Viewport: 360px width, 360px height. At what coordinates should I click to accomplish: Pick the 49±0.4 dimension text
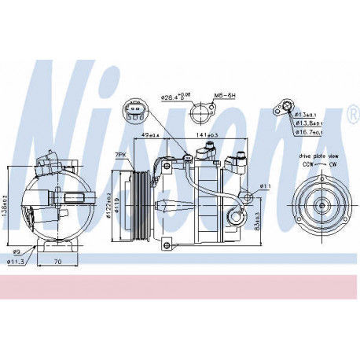[x=149, y=135]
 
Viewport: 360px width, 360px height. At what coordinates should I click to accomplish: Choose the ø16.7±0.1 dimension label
[x=308, y=133]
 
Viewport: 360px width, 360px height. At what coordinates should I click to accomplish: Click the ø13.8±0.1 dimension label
[x=308, y=123]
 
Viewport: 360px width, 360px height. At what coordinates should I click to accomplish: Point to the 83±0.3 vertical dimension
[x=259, y=222]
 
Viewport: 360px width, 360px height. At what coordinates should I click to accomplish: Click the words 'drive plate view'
[x=317, y=157]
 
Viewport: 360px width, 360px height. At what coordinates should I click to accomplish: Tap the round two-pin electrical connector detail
[x=134, y=112]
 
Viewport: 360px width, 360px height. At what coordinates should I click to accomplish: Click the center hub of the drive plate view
[x=321, y=208]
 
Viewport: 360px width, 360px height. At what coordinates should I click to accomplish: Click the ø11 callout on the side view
[x=265, y=186]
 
